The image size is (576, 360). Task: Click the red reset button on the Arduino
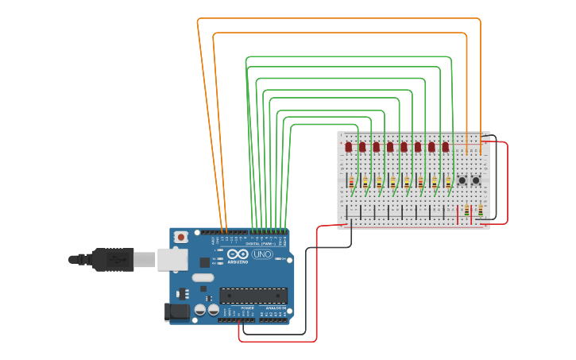coord(181,236)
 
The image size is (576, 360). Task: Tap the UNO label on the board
coord(261,254)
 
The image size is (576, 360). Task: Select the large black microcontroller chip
coord(253,296)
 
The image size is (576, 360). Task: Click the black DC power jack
coord(176,312)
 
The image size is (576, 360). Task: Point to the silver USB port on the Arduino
coord(171,259)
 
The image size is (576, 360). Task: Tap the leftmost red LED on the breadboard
coord(348,147)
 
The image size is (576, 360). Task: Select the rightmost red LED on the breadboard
coord(446,147)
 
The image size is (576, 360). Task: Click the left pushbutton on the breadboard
coord(462,181)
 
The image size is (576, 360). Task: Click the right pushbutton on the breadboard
coord(476,181)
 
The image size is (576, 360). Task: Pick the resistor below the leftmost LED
coord(351,183)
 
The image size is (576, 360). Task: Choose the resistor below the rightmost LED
coord(449,183)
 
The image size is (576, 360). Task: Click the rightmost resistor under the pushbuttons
coord(480,211)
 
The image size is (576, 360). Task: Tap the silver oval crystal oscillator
coord(203,277)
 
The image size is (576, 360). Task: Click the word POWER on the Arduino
coord(236,308)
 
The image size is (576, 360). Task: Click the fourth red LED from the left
coord(390,147)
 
